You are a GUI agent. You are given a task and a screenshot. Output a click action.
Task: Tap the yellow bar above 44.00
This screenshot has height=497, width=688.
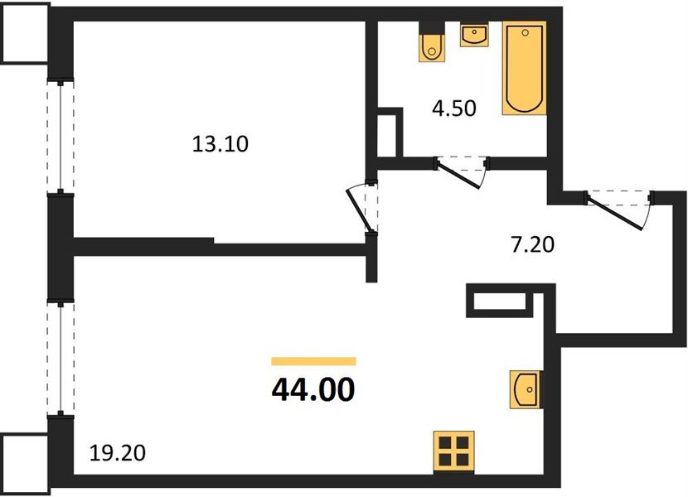point(313,361)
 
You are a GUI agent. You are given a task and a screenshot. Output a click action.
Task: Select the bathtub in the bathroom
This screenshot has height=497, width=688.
point(525,68)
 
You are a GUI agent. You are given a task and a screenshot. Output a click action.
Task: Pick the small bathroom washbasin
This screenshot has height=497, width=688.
point(474,36)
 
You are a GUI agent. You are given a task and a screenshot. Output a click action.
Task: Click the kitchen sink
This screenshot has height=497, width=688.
point(525,389)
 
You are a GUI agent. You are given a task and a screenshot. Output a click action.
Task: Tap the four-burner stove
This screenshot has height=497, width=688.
point(453,452)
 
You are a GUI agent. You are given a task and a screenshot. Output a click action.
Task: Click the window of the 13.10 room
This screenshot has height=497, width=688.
point(61,137)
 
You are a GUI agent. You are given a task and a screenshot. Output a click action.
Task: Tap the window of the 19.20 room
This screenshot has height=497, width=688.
point(61,358)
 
